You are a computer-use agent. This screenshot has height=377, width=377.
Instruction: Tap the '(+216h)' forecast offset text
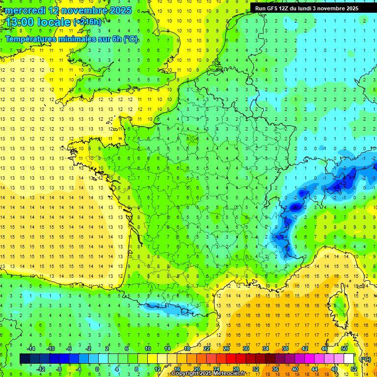[87, 22]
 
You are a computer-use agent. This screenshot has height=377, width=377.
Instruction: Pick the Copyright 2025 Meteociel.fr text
[208, 374]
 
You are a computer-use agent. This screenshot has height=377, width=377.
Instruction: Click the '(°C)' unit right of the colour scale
[365, 359]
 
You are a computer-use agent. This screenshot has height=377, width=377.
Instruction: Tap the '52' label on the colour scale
[354, 369]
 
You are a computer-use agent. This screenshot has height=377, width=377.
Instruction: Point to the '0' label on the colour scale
[97, 369]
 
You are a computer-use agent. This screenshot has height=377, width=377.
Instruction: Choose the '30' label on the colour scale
[245, 349]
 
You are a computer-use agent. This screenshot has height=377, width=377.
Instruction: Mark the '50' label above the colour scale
[344, 349]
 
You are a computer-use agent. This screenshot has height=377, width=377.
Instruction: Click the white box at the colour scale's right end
[349, 358]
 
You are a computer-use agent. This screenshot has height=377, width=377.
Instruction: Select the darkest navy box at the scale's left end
[25, 358]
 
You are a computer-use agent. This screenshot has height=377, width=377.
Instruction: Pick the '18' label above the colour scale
[187, 349]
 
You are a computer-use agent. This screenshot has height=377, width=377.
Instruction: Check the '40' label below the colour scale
[295, 369]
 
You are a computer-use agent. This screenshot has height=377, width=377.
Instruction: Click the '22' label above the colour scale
[207, 349]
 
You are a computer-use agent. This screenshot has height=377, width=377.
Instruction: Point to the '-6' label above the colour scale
[69, 349]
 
